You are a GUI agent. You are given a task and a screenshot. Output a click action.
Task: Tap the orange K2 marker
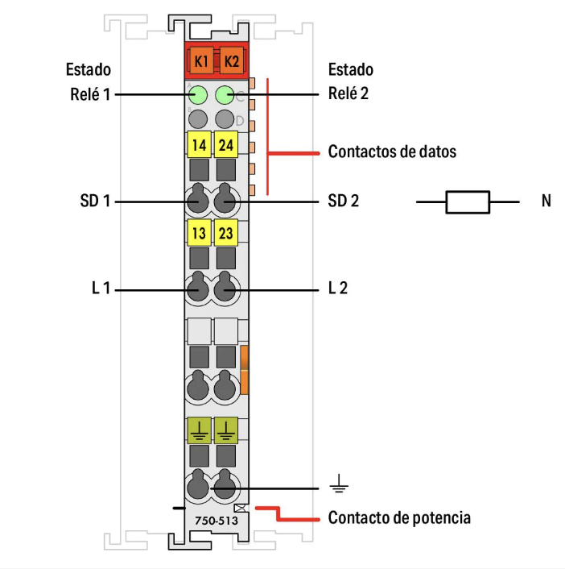(x=231, y=60)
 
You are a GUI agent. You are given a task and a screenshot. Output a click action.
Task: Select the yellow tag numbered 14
(x=198, y=146)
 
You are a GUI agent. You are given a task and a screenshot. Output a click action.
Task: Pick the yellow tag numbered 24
(x=226, y=146)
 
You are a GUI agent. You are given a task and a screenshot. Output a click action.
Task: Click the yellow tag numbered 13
(x=198, y=234)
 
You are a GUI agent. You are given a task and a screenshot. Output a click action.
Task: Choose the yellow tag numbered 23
(x=226, y=234)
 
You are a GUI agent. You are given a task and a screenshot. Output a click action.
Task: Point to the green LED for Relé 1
(x=198, y=95)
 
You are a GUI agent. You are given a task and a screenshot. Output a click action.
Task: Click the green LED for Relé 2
(x=225, y=95)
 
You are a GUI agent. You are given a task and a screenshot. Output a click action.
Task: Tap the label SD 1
(x=94, y=201)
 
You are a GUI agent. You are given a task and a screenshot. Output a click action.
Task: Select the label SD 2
(x=344, y=201)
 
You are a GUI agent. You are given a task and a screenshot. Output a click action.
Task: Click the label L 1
(x=101, y=288)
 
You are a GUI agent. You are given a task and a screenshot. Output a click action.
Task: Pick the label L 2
(x=338, y=288)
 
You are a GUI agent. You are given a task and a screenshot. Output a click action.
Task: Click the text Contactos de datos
(x=392, y=152)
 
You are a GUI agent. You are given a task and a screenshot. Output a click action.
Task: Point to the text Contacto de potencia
(x=399, y=517)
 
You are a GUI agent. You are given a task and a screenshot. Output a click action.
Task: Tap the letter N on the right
(x=546, y=201)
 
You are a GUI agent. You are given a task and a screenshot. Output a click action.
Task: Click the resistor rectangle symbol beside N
(x=468, y=201)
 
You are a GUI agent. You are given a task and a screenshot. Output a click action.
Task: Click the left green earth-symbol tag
(x=198, y=430)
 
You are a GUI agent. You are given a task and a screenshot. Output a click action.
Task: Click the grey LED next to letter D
(x=225, y=120)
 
